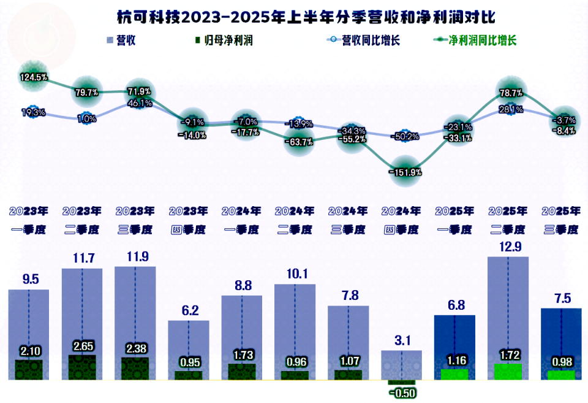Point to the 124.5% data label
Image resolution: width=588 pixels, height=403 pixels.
click(34, 77)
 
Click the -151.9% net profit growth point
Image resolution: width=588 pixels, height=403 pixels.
click(405, 172)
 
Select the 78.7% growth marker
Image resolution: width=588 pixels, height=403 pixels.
click(511, 93)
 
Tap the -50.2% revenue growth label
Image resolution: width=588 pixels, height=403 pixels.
click(405, 136)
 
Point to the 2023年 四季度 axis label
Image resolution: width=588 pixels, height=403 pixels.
click(188, 221)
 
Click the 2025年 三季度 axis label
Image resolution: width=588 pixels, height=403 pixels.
click(561, 221)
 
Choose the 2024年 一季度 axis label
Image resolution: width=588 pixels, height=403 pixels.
click(241, 221)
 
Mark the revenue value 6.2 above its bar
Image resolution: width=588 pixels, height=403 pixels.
click(188, 311)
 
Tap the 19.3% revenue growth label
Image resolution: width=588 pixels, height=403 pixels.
click(34, 113)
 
